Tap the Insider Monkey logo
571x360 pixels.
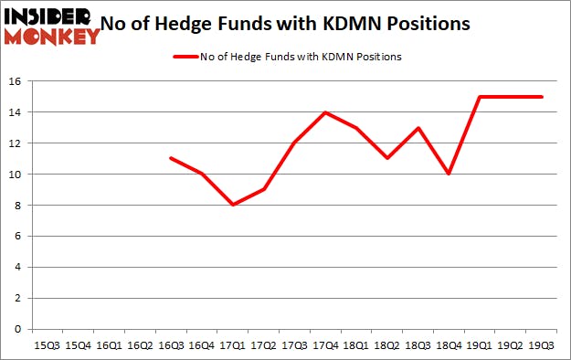pos(51,25)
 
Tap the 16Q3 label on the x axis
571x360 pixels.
pos(171,346)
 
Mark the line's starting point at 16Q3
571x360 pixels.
pos(171,159)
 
